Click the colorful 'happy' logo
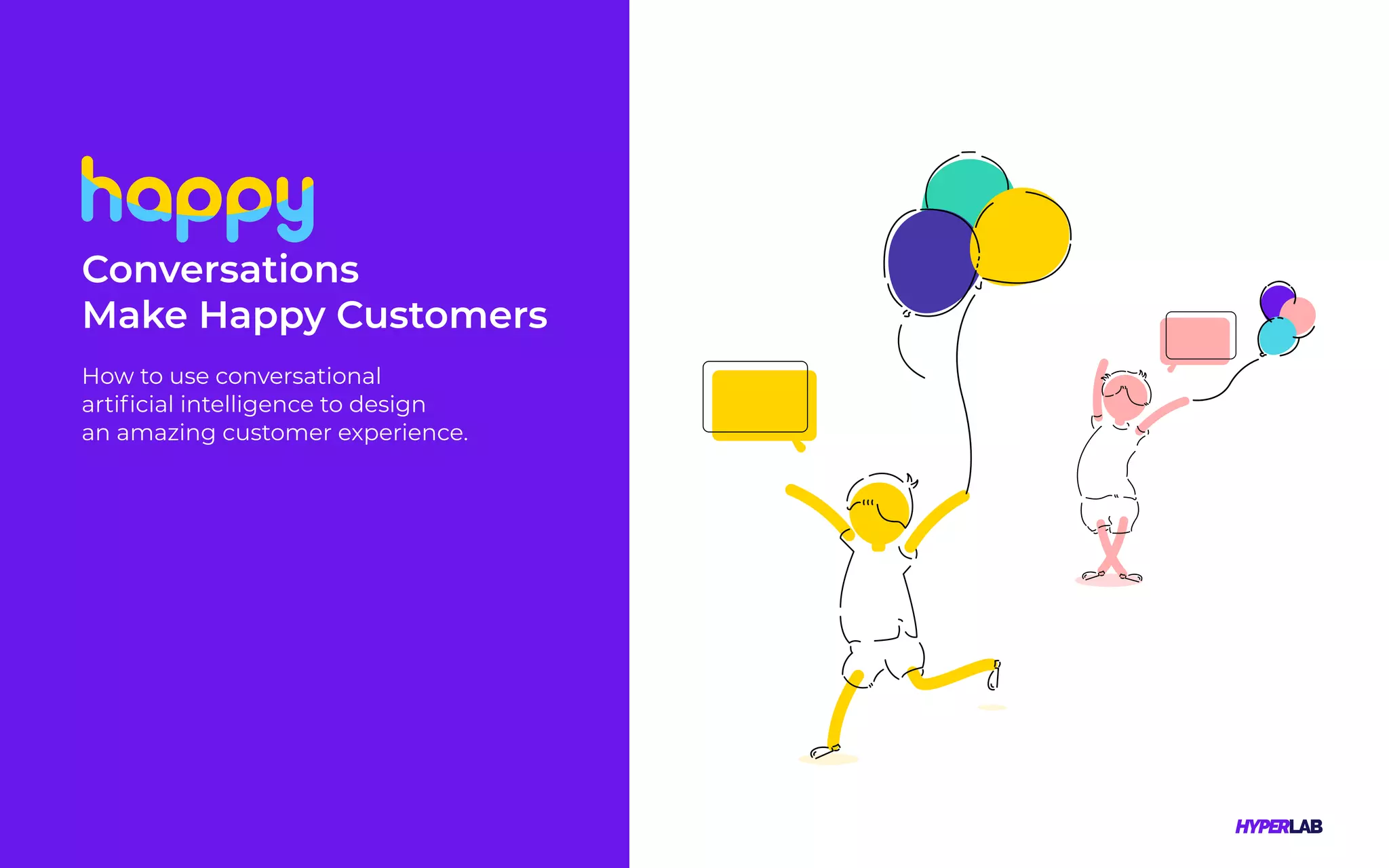tap(197, 199)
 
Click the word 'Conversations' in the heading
tap(220, 270)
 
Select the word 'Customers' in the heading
tap(442, 315)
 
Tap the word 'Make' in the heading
tap(134, 315)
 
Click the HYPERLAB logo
tap(1278, 827)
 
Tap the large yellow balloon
tap(1023, 235)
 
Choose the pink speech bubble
tap(1197, 340)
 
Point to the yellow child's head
tap(879, 513)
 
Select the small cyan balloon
tap(1276, 336)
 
